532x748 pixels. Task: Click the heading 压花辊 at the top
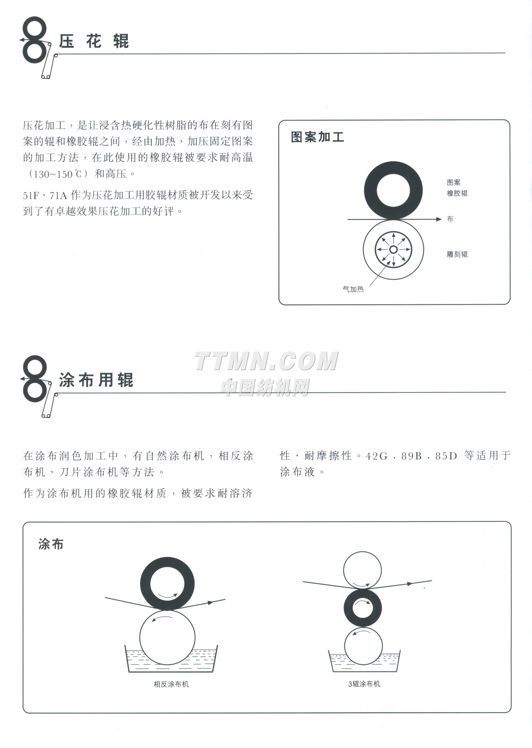pyautogui.click(x=94, y=41)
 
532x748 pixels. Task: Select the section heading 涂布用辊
pyautogui.click(x=96, y=380)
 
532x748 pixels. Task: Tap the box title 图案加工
pyautogui.click(x=317, y=137)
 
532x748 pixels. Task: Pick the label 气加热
pyautogui.click(x=353, y=289)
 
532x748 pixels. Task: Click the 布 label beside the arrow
pyautogui.click(x=450, y=219)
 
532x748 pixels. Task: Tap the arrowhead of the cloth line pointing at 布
pyautogui.click(x=439, y=219)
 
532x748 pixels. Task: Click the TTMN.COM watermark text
pyautogui.click(x=267, y=361)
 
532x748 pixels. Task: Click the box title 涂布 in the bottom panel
pyautogui.click(x=51, y=544)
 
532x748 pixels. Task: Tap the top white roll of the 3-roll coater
pyautogui.click(x=362, y=571)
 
